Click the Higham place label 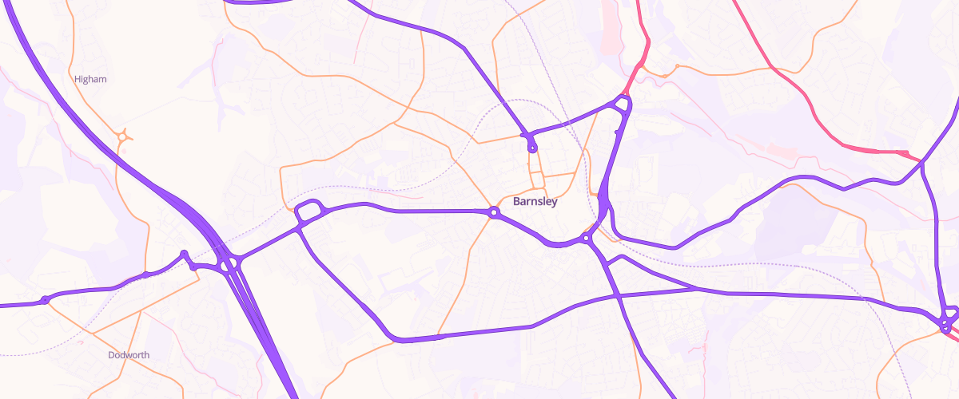coord(90,79)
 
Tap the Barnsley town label coord(535,201)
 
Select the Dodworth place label coord(129,355)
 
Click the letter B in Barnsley coord(516,201)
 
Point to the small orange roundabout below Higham coord(122,137)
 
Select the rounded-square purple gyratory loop coord(308,211)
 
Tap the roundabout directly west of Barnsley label coord(494,212)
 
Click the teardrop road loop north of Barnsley coord(532,146)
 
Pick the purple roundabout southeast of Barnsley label coord(586,238)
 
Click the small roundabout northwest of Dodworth coord(45,300)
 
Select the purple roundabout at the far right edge coord(946,323)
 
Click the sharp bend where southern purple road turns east coord(398,339)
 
